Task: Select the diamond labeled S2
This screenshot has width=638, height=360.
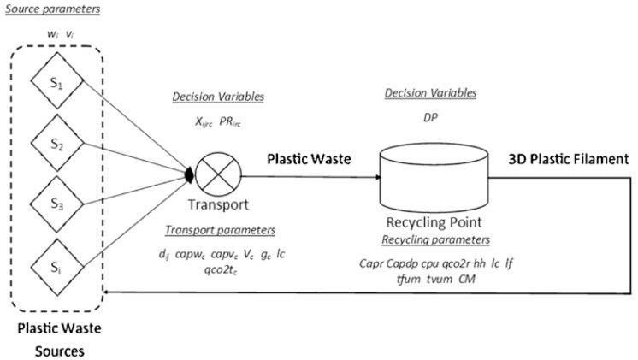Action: (51, 146)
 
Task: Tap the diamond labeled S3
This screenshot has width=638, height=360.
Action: (51, 205)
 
